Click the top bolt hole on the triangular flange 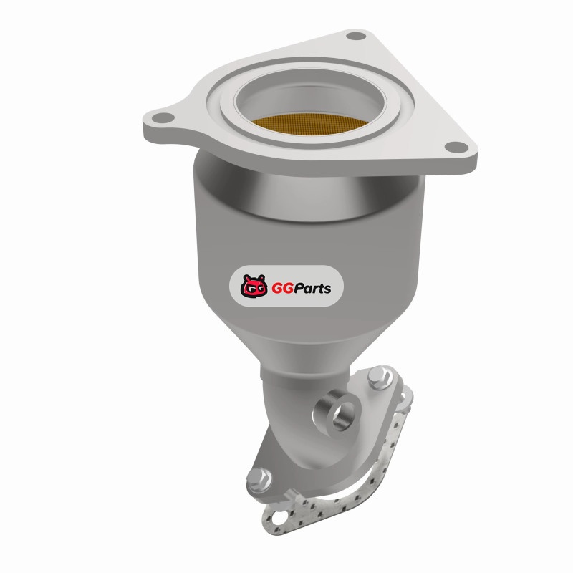[356, 37]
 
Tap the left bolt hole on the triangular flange [163, 117]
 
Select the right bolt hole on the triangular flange [456, 147]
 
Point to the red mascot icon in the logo [254, 286]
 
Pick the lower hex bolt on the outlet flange [259, 478]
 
